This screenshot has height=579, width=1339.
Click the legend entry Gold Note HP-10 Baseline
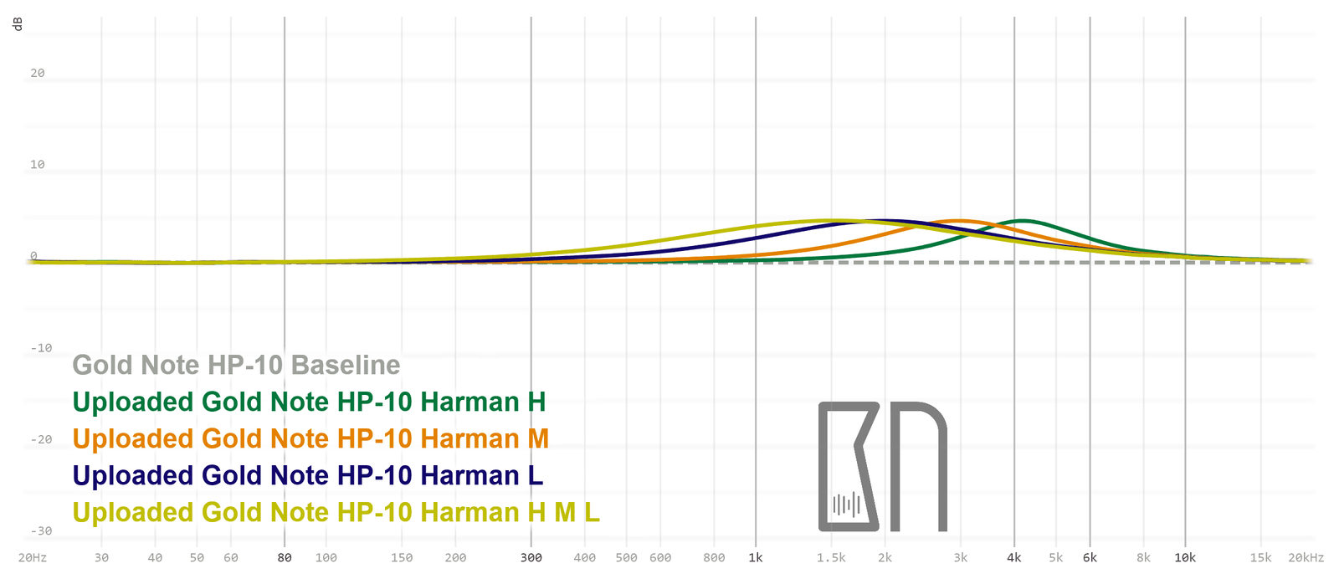[236, 365]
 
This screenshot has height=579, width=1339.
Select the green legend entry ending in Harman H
[309, 402]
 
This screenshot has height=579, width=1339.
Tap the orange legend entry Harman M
[310, 438]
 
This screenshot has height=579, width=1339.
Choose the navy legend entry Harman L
[307, 475]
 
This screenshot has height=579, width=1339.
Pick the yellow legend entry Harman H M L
[336, 512]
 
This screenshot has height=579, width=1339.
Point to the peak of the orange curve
[959, 221]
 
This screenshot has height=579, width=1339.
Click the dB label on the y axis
[18, 23]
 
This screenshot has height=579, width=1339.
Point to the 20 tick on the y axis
[38, 73]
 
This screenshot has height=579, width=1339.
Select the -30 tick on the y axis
[41, 530]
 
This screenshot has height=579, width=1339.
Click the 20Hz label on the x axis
[33, 557]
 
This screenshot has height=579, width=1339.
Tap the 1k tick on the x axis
[756, 557]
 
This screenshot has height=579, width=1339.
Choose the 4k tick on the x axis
[1014, 557]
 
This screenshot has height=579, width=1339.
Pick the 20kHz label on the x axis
[1306, 557]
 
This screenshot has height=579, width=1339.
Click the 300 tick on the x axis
[531, 557]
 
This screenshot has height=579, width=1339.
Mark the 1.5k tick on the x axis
[831, 557]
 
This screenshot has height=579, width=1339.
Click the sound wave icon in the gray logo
[846, 505]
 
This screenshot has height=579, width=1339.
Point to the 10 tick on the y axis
[38, 164]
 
